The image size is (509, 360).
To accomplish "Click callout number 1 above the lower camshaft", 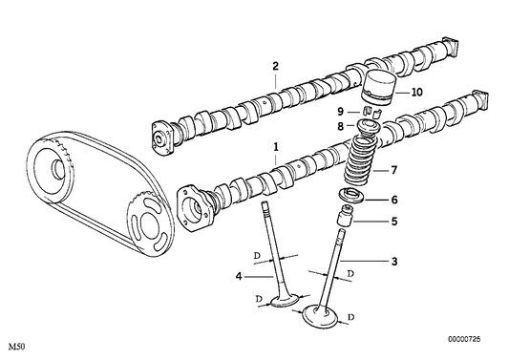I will [x=276, y=147].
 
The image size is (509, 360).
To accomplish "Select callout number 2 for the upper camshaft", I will [x=275, y=66].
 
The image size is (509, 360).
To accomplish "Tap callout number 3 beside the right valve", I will [x=393, y=261].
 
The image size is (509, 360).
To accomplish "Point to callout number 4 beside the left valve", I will [x=238, y=278].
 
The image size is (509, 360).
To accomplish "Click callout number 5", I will [x=393, y=222].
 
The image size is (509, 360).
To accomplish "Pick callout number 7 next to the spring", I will [x=393, y=171].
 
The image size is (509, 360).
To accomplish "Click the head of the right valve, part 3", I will [x=320, y=316].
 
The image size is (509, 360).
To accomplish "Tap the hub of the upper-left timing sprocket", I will [x=63, y=169].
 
